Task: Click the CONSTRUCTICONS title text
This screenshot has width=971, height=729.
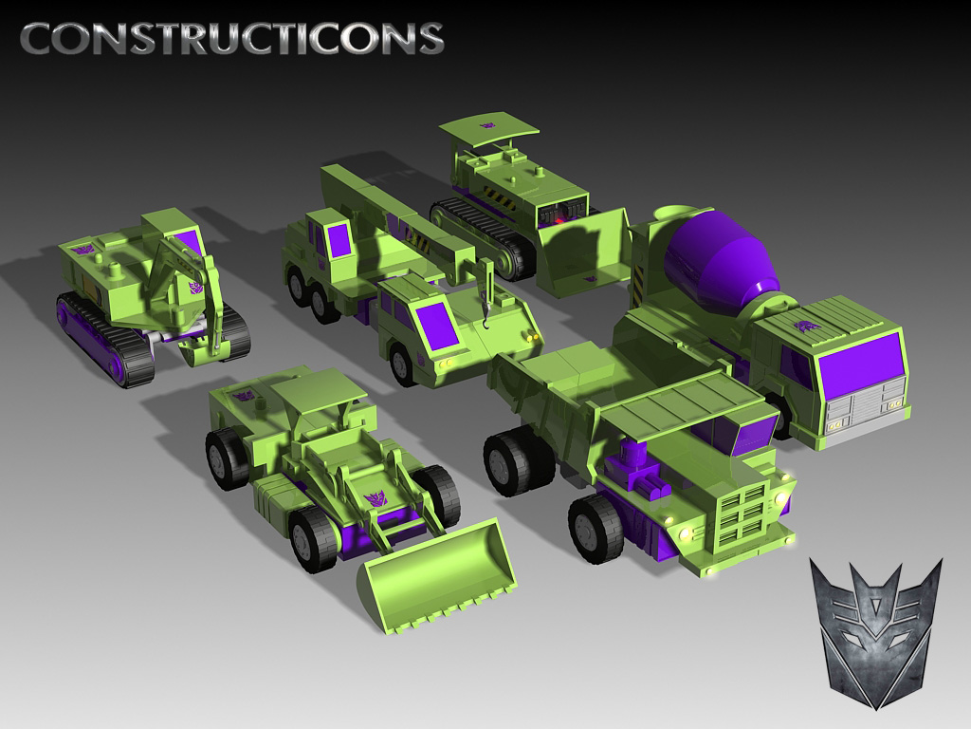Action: click(x=232, y=38)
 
